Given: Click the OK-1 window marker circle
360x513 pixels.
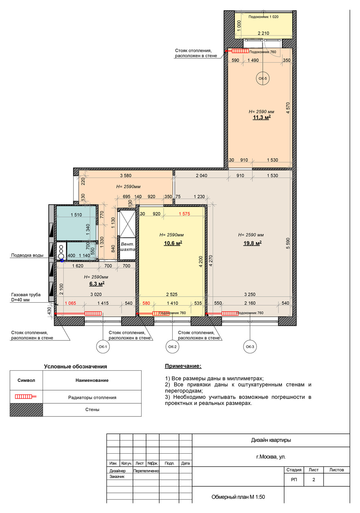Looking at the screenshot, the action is tap(103, 347).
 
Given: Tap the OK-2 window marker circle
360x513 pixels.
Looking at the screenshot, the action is tap(172, 347).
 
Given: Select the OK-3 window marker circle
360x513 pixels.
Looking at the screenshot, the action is tap(250, 347).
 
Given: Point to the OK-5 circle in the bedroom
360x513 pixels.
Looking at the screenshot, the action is tap(262, 78).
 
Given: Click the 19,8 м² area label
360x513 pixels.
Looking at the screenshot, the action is tap(252, 243).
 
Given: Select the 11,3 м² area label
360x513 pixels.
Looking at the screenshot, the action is tap(262, 117).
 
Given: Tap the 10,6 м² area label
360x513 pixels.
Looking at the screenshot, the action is tap(173, 243).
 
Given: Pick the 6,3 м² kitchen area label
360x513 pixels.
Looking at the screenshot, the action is tap(97, 284).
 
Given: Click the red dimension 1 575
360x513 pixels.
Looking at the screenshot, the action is tap(184, 214).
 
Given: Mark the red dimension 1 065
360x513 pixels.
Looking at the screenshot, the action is tap(70, 303).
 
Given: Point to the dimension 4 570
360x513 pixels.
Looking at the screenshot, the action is tap(288, 108).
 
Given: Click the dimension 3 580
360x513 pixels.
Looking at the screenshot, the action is tap(126, 175).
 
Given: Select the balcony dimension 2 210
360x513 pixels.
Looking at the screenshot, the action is tap(263, 33).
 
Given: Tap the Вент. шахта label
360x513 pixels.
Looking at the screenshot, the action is tap(127, 247).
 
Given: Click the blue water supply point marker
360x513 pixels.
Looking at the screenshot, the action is tap(62, 260).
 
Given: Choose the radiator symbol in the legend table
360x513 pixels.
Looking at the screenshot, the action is tap(26, 396).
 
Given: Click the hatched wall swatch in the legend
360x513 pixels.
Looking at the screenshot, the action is tap(26, 410).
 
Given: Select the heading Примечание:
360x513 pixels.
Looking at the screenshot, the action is tap(183, 366).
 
